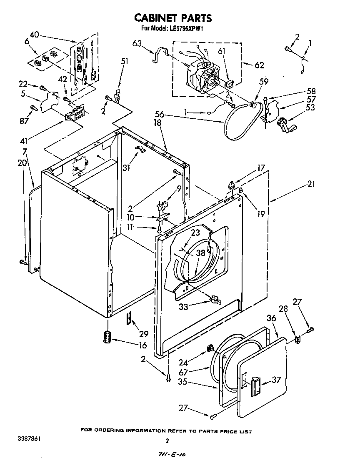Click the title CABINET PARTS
[172, 18]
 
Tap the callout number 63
[138, 43]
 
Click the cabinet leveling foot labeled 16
[108, 336]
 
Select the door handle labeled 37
[255, 385]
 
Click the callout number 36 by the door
[271, 318]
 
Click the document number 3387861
[30, 439]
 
